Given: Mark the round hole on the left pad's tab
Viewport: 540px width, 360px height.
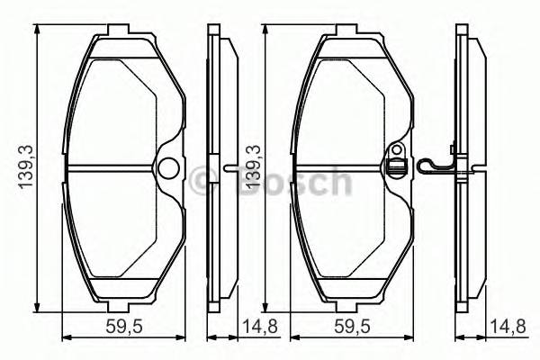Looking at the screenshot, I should pos(167,167).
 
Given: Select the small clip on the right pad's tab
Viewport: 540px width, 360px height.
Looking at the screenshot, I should pos(393,166).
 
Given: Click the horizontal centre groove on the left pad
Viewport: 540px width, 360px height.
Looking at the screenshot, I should pos(112,168).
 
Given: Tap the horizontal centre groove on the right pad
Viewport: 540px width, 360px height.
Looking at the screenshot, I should pos(342,168).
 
